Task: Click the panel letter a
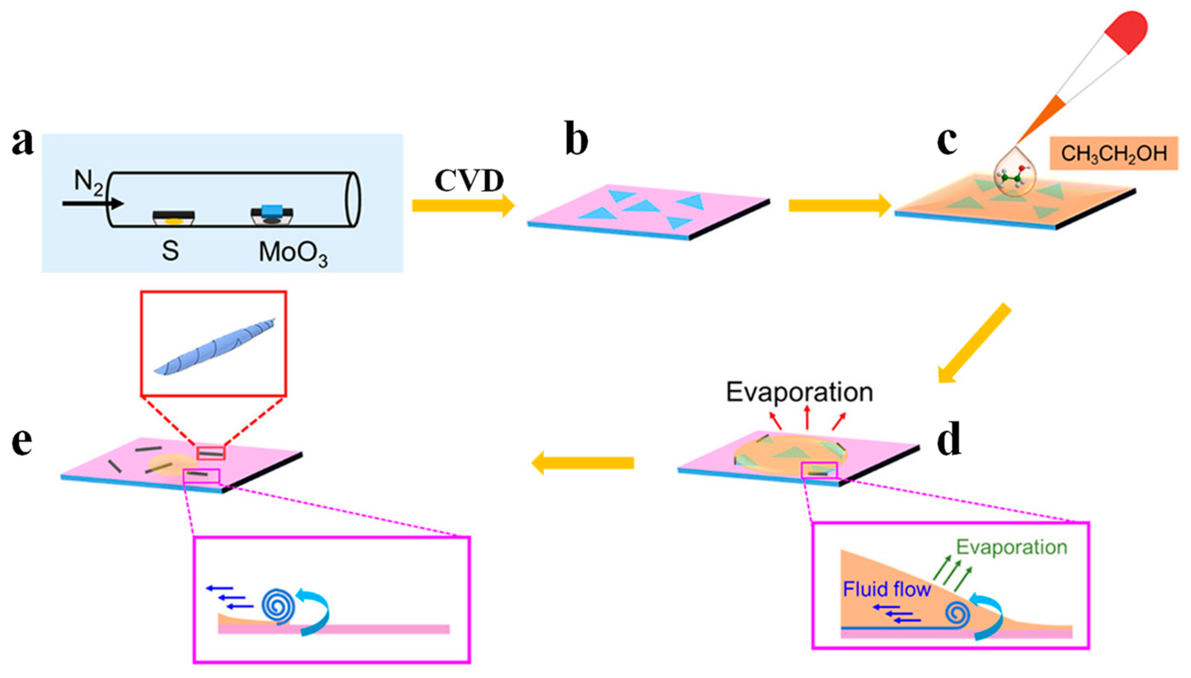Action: [22, 142]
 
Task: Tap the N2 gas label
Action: [88, 182]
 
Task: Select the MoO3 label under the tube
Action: [293, 253]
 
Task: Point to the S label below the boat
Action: [170, 252]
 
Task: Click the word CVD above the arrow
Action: [469, 181]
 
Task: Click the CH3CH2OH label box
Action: [1113, 153]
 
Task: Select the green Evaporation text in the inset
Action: [1011, 548]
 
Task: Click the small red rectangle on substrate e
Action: [211, 452]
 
